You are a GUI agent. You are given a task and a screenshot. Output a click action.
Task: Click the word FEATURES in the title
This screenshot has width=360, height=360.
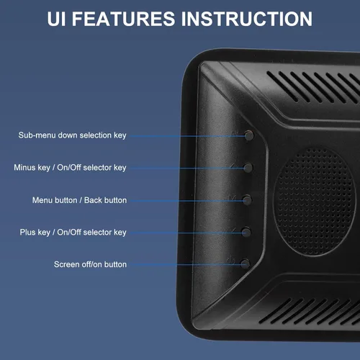[123, 19]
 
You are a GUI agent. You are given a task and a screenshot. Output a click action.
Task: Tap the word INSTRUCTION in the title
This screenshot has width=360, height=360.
[247, 19]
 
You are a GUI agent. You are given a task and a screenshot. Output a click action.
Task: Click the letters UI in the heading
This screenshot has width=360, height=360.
[56, 19]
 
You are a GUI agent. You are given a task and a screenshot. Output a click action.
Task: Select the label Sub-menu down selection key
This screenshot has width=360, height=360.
[72, 135]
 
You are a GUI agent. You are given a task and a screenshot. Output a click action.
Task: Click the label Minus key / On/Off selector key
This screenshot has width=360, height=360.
[70, 168]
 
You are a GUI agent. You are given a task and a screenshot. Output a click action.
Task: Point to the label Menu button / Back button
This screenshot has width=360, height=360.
[79, 200]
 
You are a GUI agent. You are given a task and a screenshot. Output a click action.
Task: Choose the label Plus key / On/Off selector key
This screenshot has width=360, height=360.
[73, 233]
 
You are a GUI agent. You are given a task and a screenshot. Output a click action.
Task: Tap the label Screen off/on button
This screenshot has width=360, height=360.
[90, 264]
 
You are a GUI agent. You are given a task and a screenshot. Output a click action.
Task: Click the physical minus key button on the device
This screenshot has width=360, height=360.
[248, 168]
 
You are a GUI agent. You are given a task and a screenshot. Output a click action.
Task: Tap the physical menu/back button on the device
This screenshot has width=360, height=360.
[247, 200]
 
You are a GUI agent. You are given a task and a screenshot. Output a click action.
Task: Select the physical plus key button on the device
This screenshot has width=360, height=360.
[246, 233]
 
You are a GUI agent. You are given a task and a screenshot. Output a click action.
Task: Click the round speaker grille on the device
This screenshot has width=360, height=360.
[315, 202]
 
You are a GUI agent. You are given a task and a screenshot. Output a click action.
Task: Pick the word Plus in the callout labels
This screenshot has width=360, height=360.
[27, 233]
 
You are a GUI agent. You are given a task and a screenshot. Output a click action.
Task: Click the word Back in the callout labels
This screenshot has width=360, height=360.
[93, 200]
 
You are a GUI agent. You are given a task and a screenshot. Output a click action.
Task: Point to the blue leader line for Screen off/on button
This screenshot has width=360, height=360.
[185, 265]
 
